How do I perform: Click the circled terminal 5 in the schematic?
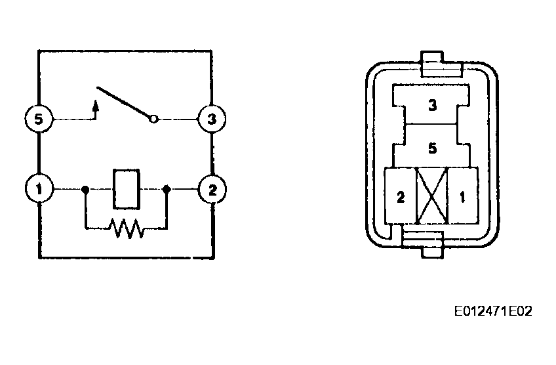click(x=39, y=120)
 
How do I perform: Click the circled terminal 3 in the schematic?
click(x=212, y=120)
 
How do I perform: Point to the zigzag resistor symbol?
click(x=127, y=228)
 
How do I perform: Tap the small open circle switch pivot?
click(x=153, y=120)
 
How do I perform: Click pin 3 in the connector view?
click(x=431, y=104)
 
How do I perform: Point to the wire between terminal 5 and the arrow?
click(x=72, y=120)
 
